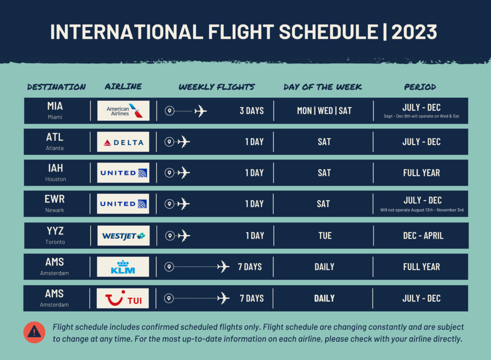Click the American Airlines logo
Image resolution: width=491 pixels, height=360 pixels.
tap(123, 111)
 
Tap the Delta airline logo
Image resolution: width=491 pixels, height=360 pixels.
tap(123, 142)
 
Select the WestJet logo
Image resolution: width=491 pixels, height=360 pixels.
tap(123, 236)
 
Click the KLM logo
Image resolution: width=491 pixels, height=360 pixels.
tap(123, 267)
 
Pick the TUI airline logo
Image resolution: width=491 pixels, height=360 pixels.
tap(123, 298)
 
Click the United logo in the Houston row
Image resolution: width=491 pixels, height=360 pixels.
tap(123, 173)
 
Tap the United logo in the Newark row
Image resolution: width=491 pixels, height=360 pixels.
tap(123, 204)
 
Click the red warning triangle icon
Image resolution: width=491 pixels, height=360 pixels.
tap(34, 332)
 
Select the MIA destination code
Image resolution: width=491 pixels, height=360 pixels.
tap(55, 106)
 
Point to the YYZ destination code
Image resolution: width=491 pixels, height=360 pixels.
tap(55, 232)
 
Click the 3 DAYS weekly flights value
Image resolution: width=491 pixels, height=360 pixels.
tap(252, 111)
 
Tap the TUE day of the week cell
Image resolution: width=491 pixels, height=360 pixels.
tap(325, 236)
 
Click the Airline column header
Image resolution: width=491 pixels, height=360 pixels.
tap(123, 87)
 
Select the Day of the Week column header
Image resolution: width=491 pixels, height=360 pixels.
tap(323, 87)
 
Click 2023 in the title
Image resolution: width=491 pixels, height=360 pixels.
tap(414, 32)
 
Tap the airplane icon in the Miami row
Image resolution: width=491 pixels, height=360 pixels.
tap(200, 111)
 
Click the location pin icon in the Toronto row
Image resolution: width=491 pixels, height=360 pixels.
tap(169, 236)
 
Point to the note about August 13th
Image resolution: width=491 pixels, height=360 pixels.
tap(421, 210)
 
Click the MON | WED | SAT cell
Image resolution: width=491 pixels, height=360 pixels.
tap(324, 111)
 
